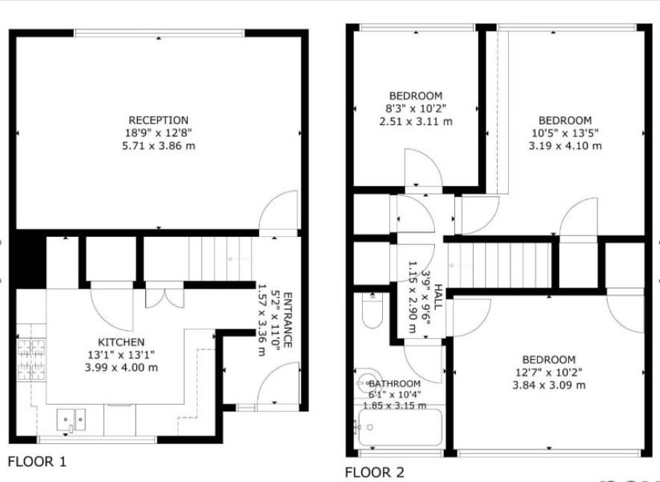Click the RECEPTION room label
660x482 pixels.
[158, 121]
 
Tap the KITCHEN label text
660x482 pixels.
[121, 342]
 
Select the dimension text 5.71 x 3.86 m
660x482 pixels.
[159, 146]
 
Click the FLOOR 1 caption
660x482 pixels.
[37, 461]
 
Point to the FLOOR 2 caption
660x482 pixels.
[375, 472]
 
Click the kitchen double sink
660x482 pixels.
[71, 419]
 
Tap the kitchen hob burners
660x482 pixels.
[31, 360]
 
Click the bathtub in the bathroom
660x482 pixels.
[400, 428]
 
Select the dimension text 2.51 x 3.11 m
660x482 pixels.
[416, 121]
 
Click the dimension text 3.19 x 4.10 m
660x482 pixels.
[565, 146]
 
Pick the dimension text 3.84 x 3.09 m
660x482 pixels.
[549, 385]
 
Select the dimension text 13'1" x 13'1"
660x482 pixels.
[121, 355]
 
